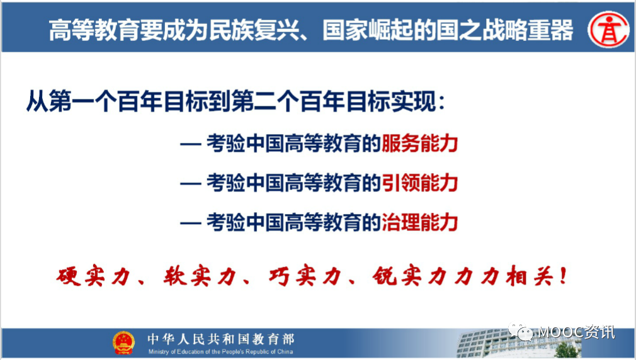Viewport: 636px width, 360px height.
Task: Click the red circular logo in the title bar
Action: pos(608,30)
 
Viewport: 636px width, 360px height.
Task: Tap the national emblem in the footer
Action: pos(123,343)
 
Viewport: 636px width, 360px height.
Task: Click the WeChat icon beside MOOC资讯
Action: pos(521,332)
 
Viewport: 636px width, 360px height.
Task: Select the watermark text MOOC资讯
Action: pos(576,332)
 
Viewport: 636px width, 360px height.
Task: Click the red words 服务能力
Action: pos(420,143)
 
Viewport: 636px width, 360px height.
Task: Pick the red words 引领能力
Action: pos(420,183)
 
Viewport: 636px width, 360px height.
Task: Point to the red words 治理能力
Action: pos(420,222)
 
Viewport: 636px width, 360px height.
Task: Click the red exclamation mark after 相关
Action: pos(563,276)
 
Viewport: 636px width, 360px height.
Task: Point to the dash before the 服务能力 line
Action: pos(191,144)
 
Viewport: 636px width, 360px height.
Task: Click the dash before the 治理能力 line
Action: pos(191,223)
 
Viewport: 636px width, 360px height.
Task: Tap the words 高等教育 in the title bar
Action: pos(94,30)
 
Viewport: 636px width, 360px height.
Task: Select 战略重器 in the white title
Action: pos(527,30)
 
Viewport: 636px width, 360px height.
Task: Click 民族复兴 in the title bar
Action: pos(254,30)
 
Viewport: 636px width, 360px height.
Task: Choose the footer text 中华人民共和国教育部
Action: pos(221,339)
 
